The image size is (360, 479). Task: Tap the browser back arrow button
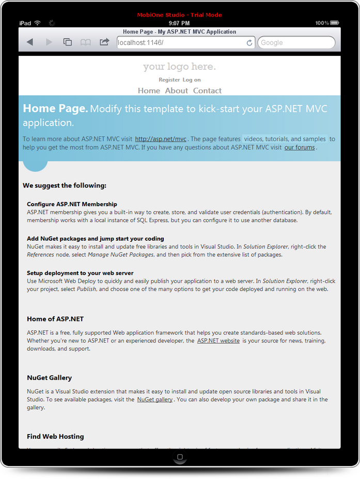30,42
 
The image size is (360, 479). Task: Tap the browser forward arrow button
49,42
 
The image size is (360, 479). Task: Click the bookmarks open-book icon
86,42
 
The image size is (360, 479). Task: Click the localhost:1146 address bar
181,42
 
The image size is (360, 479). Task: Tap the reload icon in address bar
250,43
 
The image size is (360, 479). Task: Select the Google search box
296,42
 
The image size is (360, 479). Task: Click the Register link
169,80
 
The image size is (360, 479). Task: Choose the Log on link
192,80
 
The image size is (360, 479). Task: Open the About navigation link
177,90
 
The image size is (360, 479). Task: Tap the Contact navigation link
207,90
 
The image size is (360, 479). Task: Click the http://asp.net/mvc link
161,139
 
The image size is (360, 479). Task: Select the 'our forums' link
300,147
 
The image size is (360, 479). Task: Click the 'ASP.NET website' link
218,341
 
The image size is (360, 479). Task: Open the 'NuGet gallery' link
155,399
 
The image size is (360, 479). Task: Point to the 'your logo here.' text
179,67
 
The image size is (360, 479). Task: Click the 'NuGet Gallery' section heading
49,378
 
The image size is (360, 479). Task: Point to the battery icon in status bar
335,23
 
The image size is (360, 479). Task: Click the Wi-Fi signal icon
38,23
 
